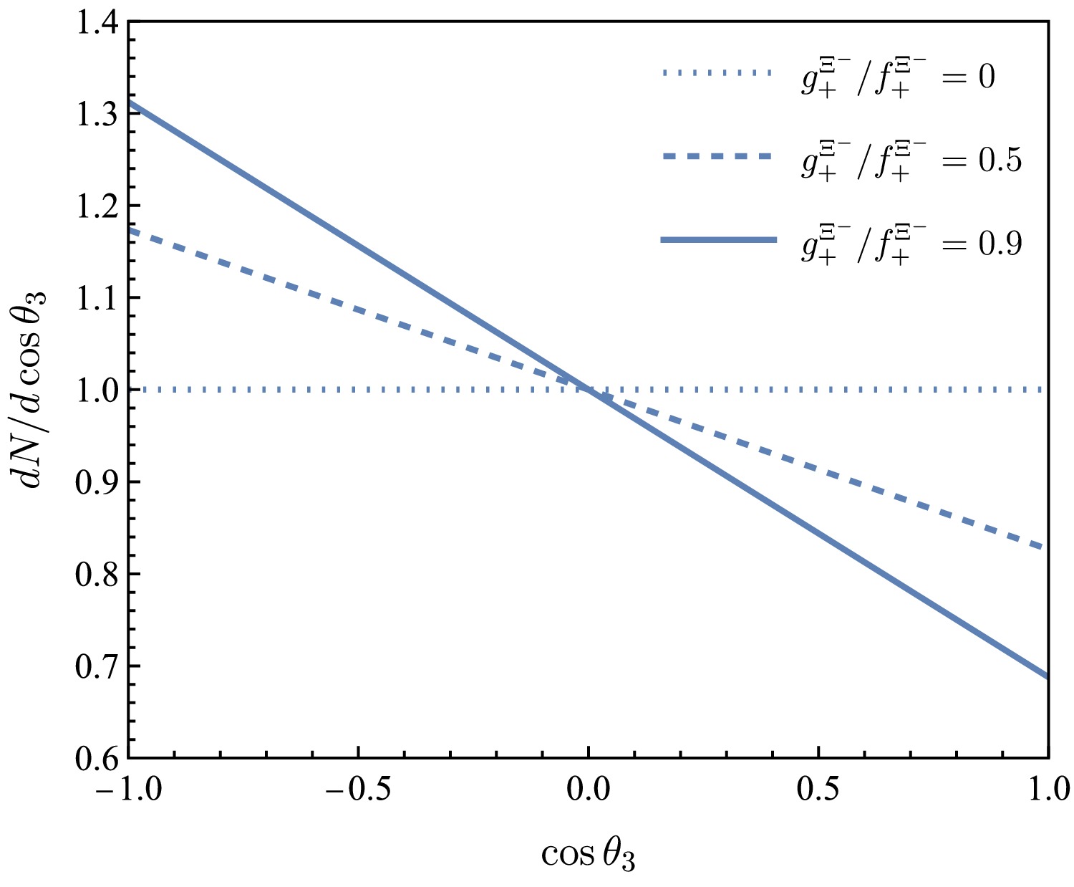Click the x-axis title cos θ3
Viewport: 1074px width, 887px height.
tap(588, 855)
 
